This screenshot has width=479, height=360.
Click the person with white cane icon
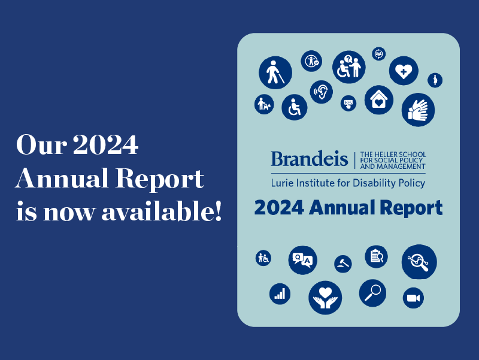275,72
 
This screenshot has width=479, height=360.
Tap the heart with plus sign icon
404,71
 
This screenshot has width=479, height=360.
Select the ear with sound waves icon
321,92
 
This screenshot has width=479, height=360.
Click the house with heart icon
379,100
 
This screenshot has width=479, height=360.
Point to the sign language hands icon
418,110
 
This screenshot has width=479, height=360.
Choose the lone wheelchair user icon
294,107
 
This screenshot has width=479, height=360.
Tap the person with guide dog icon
264,104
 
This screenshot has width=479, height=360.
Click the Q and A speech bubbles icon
302,260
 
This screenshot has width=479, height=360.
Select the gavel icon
342,264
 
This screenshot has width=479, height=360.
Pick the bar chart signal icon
280,294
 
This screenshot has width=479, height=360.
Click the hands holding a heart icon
325,298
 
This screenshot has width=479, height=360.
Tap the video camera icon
413,298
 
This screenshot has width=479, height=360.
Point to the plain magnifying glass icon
372,293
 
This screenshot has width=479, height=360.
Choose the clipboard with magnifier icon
376,257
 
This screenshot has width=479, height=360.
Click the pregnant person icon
435,80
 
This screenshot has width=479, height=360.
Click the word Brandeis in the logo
309,159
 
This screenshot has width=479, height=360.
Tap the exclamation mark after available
218,211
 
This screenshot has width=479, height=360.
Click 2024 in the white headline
106,144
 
